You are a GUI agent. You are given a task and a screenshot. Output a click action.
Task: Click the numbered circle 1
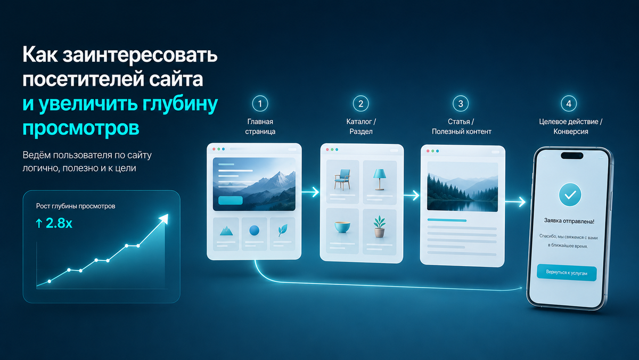tap(260, 103)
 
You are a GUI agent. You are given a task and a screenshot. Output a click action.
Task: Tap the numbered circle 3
tap(461, 103)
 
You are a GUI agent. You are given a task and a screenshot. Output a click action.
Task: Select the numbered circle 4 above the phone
tap(569, 103)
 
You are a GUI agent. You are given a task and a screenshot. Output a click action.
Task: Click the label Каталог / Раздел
tap(361, 126)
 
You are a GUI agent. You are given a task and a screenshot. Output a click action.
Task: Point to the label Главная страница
tap(260, 126)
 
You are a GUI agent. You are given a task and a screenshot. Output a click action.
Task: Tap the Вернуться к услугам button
tap(567, 273)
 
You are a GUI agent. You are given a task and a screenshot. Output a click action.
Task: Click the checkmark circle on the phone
tap(570, 195)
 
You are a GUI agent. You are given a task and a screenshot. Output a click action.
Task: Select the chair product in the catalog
tap(342, 179)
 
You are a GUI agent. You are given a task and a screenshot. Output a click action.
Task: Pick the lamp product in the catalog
tap(379, 179)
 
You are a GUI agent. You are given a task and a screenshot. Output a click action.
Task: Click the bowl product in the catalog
tap(342, 227)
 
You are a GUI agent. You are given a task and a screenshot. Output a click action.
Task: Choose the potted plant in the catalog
tap(380, 226)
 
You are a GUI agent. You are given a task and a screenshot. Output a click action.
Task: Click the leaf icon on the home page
tap(282, 230)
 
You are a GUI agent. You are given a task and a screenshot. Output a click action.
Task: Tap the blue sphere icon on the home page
tap(254, 230)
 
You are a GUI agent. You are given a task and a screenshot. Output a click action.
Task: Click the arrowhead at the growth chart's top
tap(164, 219)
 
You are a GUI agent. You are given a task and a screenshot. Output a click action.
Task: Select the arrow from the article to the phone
tap(515, 202)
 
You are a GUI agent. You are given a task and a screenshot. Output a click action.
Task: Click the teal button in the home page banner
tap(231, 200)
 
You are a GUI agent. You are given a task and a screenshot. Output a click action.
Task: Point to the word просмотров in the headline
tap(81, 129)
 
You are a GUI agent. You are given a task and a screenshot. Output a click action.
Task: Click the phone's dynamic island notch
tap(572, 156)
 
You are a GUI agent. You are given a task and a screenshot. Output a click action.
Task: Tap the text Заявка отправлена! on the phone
tap(569, 221)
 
